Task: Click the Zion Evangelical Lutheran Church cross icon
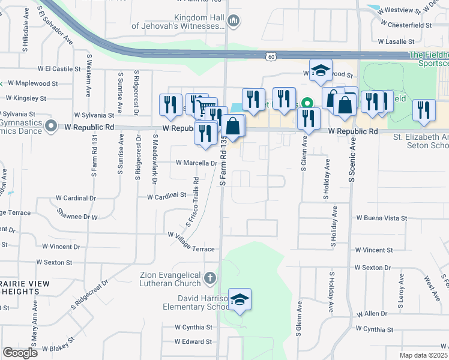(209, 278)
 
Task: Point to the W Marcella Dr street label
(196, 163)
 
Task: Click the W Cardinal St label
(167, 196)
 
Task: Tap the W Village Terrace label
(191, 242)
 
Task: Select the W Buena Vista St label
(382, 218)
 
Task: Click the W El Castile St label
(59, 69)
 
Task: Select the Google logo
(20, 353)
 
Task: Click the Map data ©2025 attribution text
(423, 355)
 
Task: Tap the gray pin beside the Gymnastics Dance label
(51, 127)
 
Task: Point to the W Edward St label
(193, 341)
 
